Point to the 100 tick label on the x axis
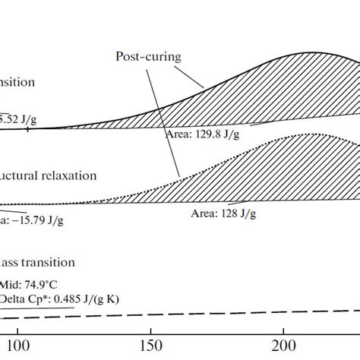click(x=20, y=346)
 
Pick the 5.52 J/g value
click(x=18, y=118)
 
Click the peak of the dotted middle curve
click(x=308, y=134)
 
